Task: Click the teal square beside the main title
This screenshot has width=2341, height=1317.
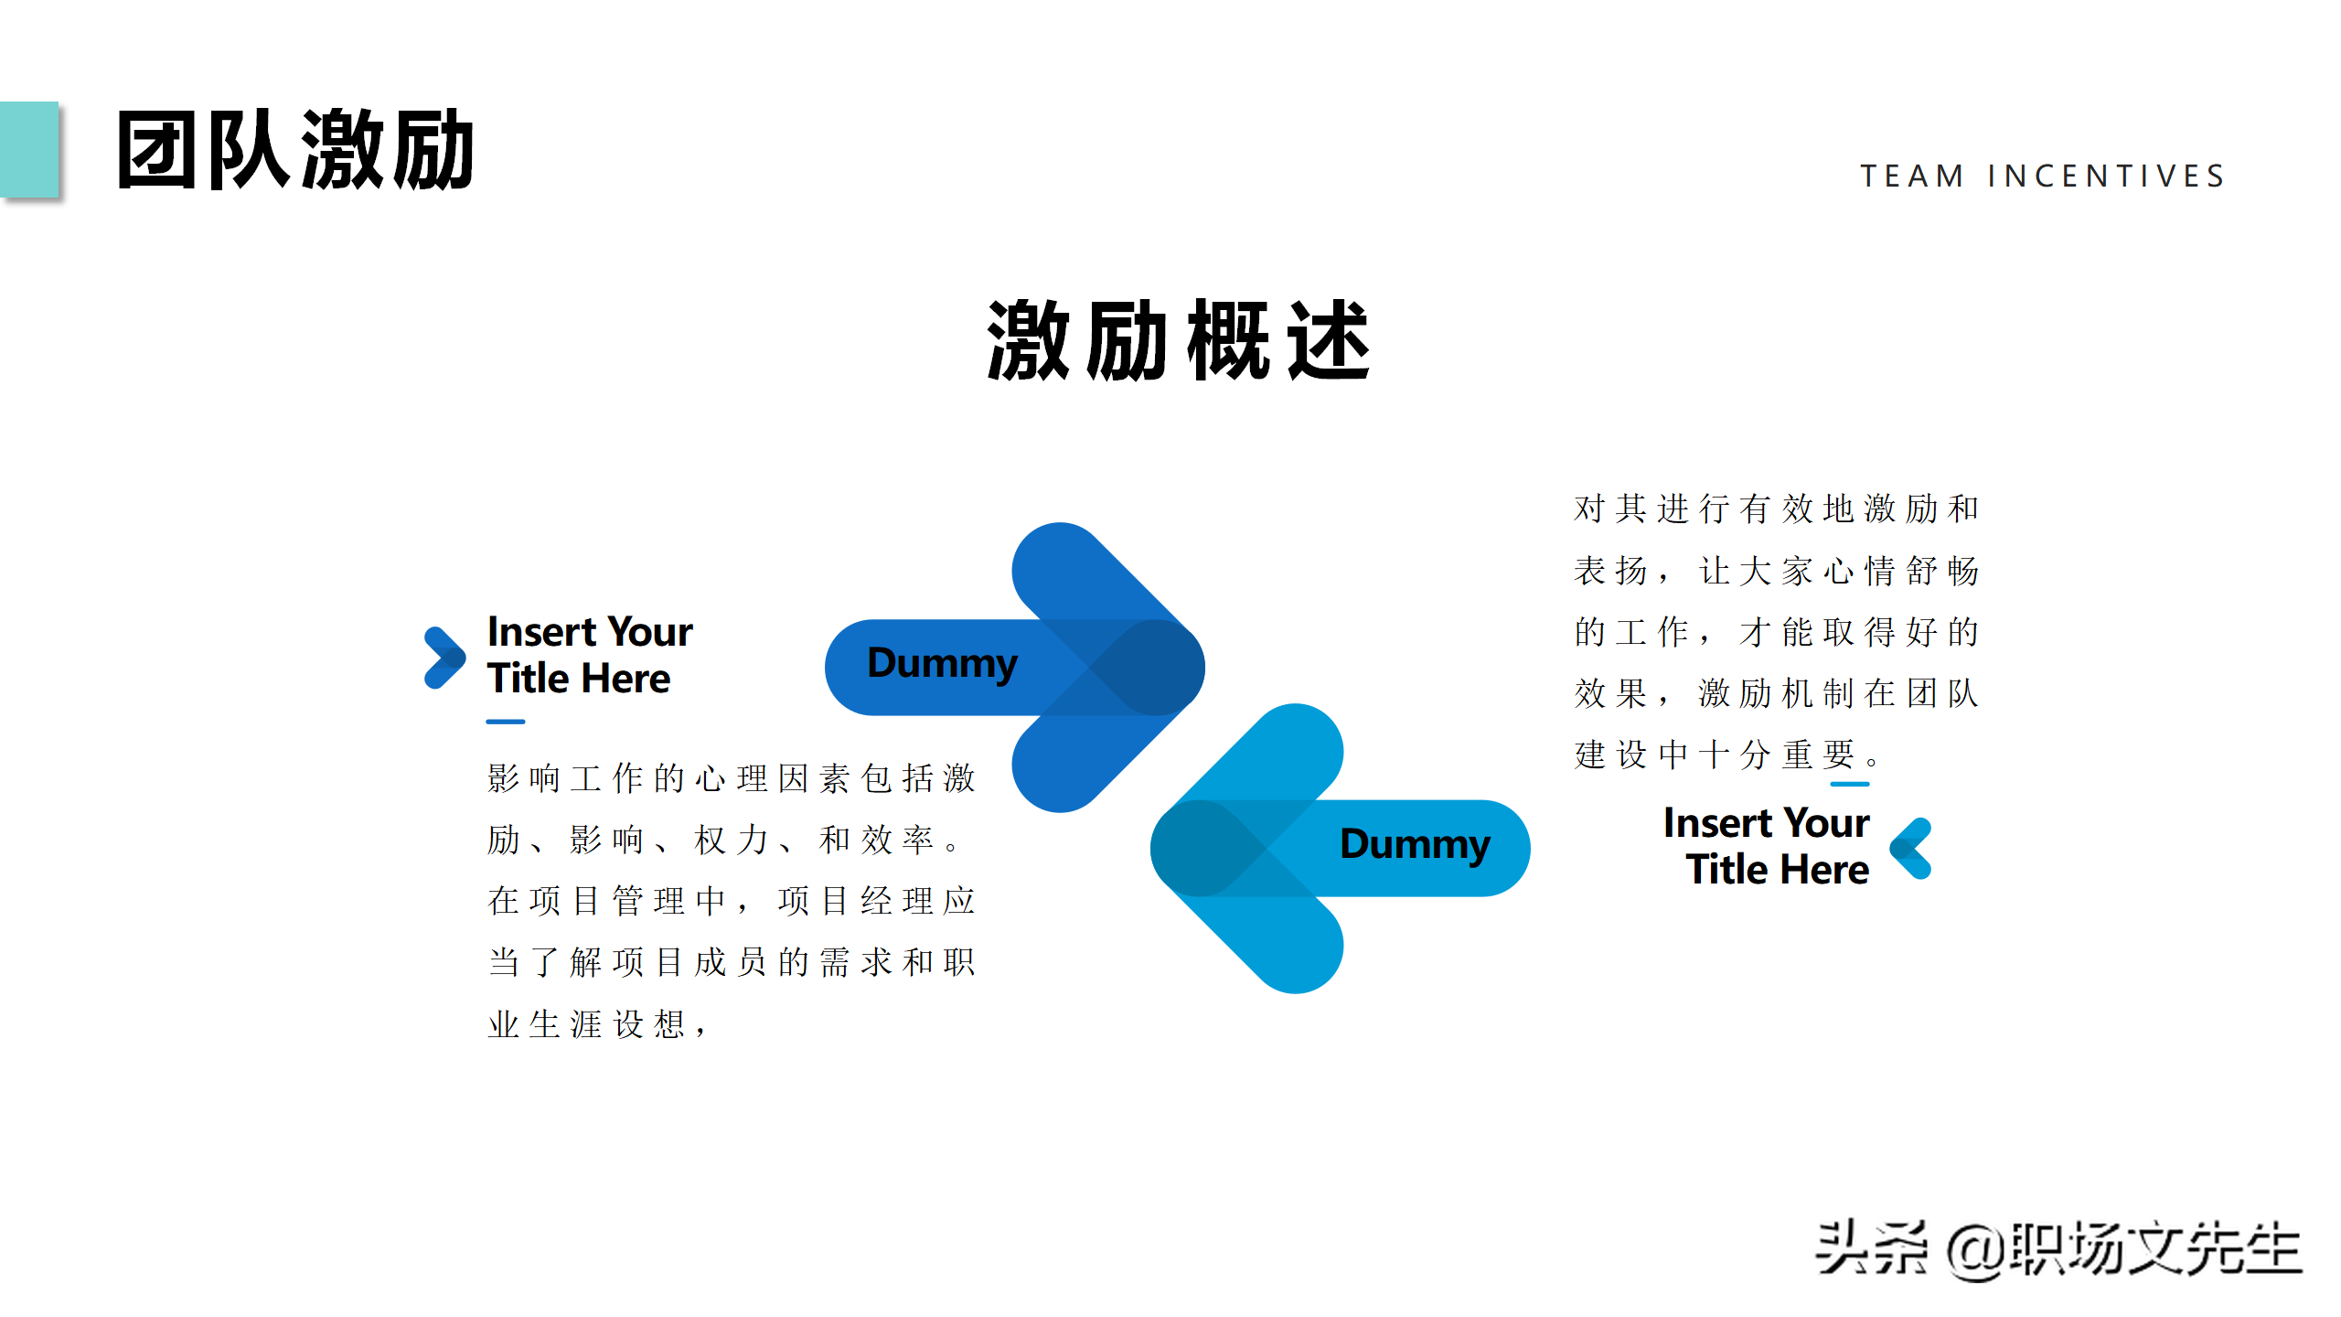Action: [x=28, y=149]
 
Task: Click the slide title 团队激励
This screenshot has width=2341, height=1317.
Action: [x=295, y=150]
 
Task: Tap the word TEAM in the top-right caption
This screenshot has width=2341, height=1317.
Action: [x=1912, y=176]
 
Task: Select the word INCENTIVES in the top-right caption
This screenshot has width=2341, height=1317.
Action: [x=2106, y=176]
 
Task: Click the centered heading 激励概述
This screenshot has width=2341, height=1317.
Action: [x=1179, y=340]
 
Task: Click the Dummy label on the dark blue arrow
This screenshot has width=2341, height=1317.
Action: [x=942, y=664]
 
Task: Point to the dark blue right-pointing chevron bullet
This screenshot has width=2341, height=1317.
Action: [x=444, y=658]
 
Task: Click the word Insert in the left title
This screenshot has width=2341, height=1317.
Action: [x=542, y=631]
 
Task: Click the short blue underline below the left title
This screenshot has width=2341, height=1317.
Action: [x=506, y=722]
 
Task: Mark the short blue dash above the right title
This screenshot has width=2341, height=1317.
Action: [x=1850, y=784]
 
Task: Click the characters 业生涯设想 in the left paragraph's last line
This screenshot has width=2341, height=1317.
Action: [x=586, y=1024]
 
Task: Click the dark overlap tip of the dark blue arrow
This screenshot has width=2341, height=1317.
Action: [x=1149, y=668]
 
